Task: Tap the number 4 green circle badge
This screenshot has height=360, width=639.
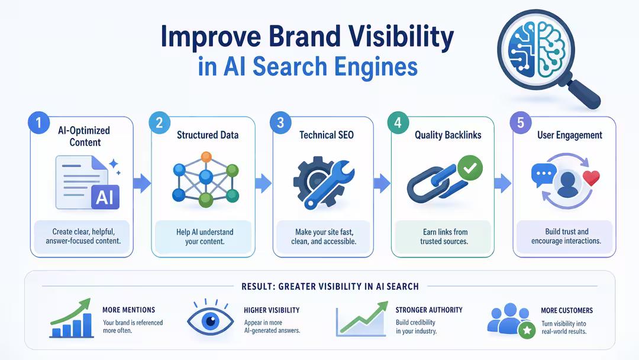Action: click(398, 123)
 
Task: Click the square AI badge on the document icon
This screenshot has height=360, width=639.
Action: click(105, 196)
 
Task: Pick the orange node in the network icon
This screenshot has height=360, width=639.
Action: click(206, 157)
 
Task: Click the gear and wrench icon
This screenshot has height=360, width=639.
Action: click(323, 179)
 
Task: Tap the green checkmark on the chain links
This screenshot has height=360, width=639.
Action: click(469, 168)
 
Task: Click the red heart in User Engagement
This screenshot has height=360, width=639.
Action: click(591, 178)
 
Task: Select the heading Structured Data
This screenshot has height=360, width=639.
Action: click(208, 135)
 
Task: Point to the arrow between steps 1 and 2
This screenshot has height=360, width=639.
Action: click(143, 184)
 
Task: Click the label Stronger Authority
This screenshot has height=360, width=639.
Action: click(429, 310)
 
